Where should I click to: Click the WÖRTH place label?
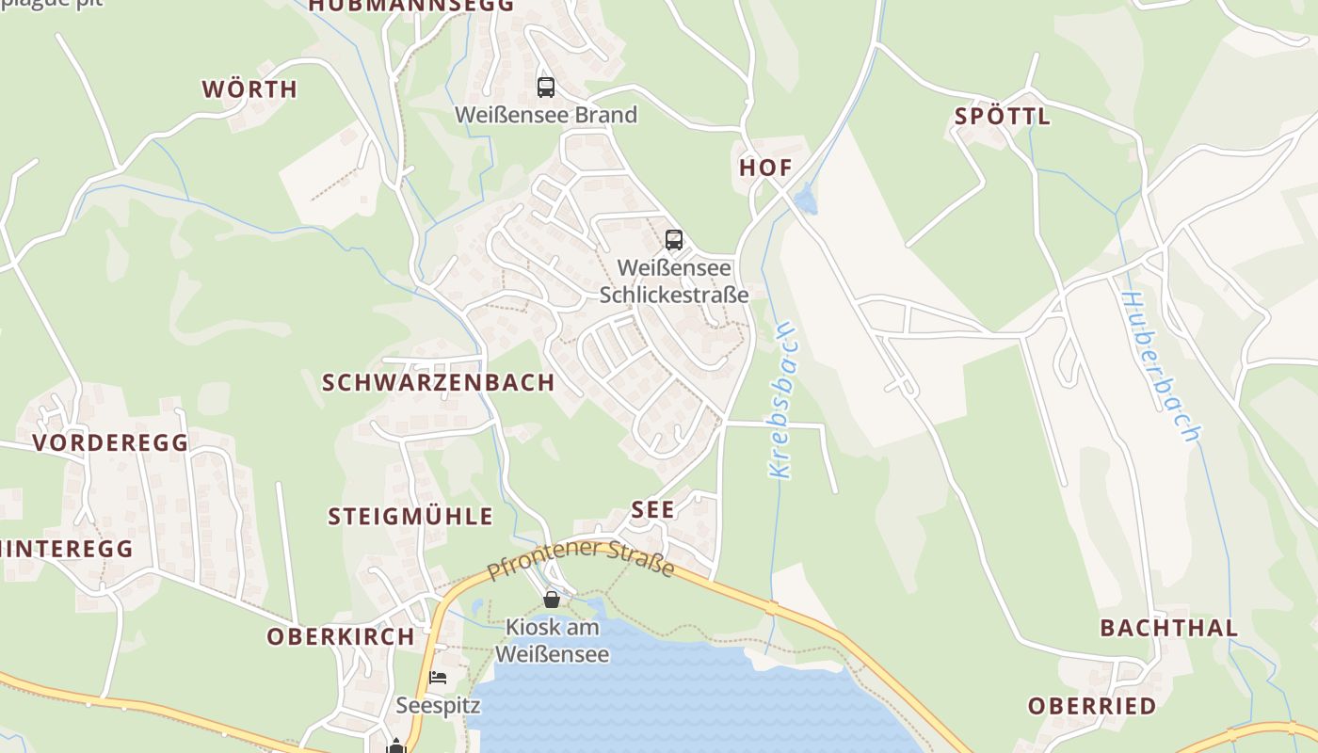249,89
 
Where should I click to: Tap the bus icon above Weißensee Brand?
546,88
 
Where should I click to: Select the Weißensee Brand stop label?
546,115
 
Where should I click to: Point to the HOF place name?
765,168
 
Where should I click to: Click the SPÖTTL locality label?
1003,117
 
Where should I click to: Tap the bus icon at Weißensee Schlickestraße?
674,240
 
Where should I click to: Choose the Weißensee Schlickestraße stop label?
674,281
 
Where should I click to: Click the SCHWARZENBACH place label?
439,382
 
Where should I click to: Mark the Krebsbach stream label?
782,400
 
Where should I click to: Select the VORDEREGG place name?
111,442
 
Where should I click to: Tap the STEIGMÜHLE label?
410,516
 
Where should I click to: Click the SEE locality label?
653,510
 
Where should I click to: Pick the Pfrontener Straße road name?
581,558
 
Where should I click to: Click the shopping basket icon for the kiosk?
552,599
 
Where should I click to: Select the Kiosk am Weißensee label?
552,640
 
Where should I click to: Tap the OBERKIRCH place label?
341,636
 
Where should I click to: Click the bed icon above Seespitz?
438,677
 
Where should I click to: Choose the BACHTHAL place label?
1169,628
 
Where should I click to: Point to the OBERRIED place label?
1092,706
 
